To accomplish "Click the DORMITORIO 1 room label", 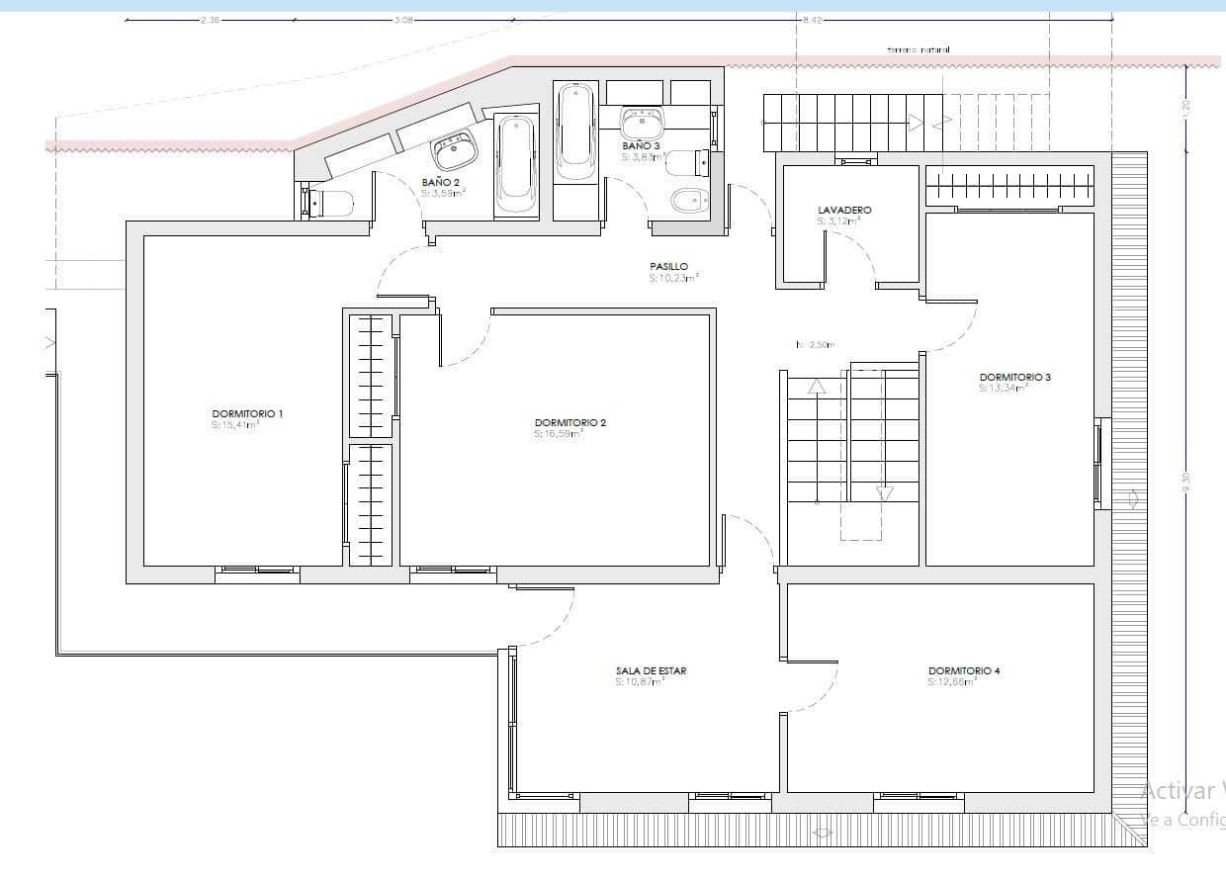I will tap(247, 413).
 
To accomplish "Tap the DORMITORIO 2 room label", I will tap(569, 422).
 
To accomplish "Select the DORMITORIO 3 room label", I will tap(1014, 377).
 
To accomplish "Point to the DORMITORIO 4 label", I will tap(964, 670).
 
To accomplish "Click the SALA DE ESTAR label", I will tap(651, 670).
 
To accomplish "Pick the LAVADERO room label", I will tap(844, 211).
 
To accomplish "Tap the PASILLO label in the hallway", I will tap(668, 267).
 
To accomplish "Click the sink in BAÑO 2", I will tap(455, 152).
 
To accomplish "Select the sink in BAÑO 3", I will tap(644, 123).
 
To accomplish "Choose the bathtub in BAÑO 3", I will tap(574, 129).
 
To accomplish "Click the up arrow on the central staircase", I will tap(817, 387).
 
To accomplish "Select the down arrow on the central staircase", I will tap(884, 492).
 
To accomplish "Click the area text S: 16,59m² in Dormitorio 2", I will tap(559, 433).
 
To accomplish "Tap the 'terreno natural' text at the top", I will tap(919, 48).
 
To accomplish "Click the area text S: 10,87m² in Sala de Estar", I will tap(639, 681).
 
